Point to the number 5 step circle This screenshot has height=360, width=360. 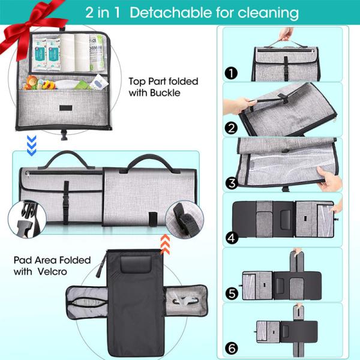(232, 294)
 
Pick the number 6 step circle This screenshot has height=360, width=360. (232, 347)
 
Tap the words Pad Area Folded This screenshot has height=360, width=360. (52, 260)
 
